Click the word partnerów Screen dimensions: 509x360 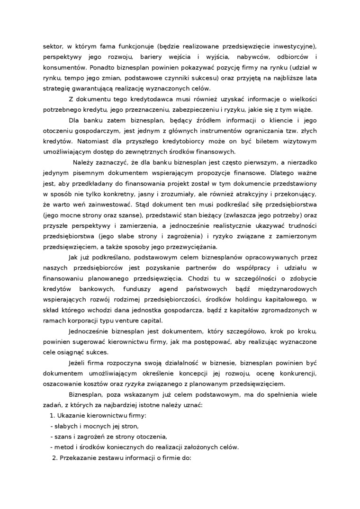(181, 268)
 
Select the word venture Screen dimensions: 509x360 (119, 320)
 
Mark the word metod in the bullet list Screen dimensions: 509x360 (63, 447)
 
